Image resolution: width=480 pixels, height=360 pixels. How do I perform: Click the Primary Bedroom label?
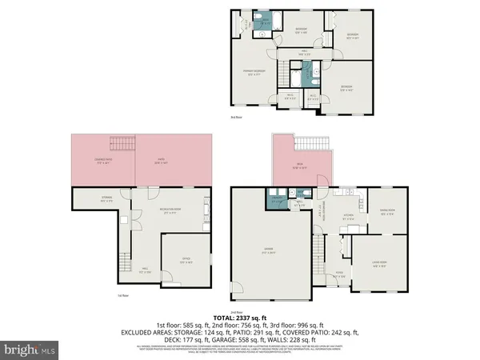tap(254, 73)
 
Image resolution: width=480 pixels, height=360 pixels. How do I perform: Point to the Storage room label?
tap(106, 199)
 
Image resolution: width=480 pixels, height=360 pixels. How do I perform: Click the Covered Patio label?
tap(104, 164)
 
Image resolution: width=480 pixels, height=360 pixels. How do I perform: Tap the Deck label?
tap(296, 168)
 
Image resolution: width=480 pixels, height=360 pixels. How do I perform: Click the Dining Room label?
tap(387, 213)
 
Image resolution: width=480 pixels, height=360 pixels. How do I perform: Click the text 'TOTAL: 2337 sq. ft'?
tap(240, 318)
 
